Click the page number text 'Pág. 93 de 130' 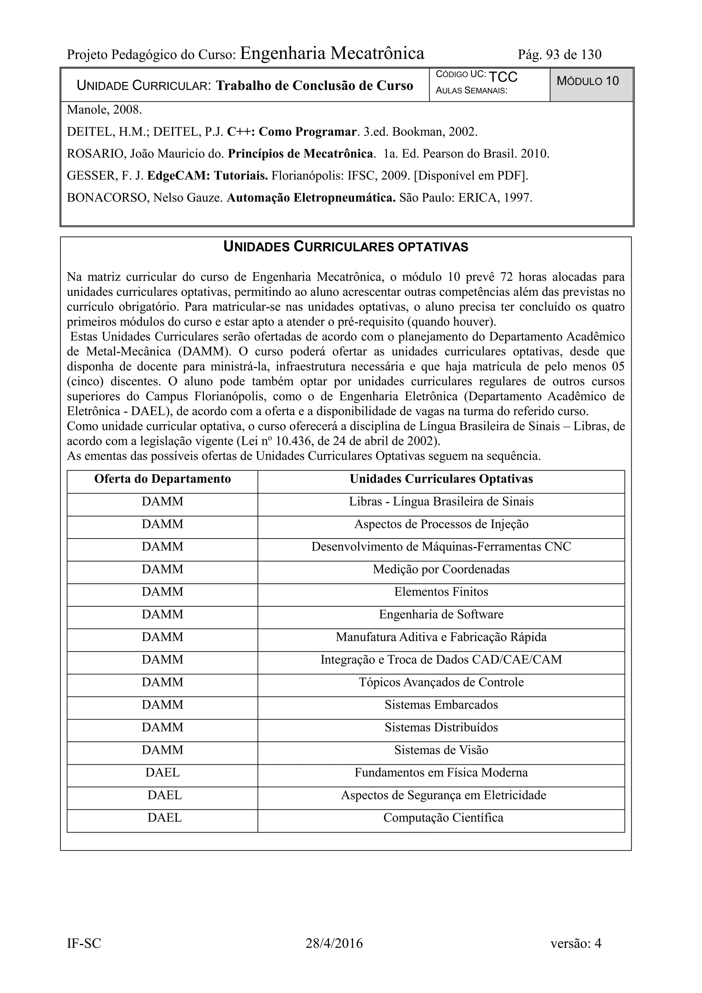pyautogui.click(x=559, y=55)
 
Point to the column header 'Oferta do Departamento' pyautogui.click(x=162, y=479)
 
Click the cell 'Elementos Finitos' pyautogui.click(x=441, y=592)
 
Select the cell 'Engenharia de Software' pyautogui.click(x=441, y=614)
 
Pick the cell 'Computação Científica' pyautogui.click(x=443, y=818)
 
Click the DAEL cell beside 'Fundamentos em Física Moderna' pyautogui.click(x=162, y=773)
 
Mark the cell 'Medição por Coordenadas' pyautogui.click(x=441, y=569)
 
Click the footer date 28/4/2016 pyautogui.click(x=334, y=943)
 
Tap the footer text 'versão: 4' pyautogui.click(x=576, y=943)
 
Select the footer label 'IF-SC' pyautogui.click(x=84, y=943)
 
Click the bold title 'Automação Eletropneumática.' pyautogui.click(x=311, y=198)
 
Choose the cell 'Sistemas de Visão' pyautogui.click(x=441, y=750)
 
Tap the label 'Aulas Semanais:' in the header pyautogui.click(x=471, y=91)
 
